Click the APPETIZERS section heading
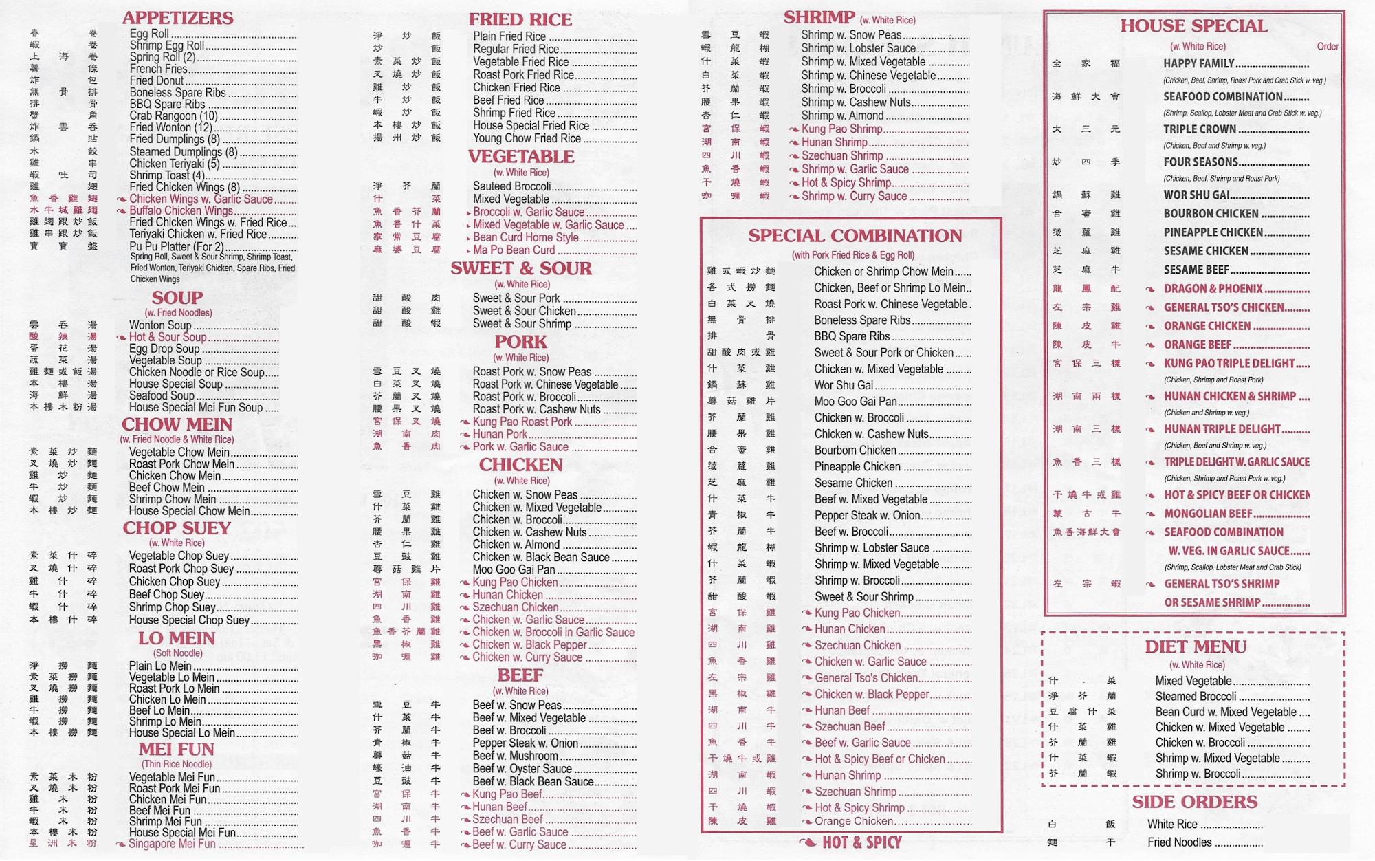177,18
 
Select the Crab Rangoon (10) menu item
173,116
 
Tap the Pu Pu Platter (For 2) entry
176,246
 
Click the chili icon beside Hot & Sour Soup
121,337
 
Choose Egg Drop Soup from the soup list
164,349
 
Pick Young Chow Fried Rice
527,138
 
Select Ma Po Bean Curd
514,250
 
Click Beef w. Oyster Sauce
522,769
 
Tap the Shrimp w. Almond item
842,116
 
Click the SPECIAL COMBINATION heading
855,236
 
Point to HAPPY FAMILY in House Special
1199,64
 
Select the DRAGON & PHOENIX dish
1213,289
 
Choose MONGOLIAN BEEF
1207,514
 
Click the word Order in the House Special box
1327,47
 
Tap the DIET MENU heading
1195,646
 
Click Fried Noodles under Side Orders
1179,842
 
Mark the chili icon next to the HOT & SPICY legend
808,842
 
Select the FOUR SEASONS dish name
1200,162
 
